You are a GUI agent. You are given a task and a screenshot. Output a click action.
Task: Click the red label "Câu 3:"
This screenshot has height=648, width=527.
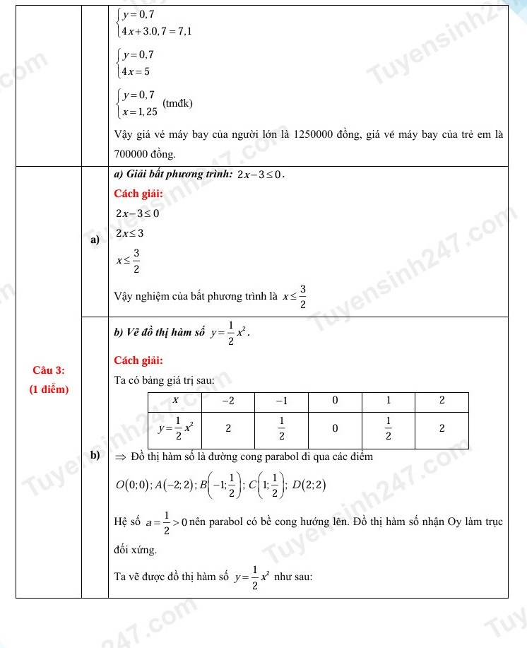point(48,370)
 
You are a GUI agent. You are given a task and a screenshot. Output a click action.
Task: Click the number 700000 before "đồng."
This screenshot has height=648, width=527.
point(131,153)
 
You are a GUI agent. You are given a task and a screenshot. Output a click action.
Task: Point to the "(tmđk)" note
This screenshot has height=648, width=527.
point(177,103)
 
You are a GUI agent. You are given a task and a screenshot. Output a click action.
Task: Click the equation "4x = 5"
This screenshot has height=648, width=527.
point(136,71)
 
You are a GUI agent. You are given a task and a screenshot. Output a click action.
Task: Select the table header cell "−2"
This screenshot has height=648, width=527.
point(229,401)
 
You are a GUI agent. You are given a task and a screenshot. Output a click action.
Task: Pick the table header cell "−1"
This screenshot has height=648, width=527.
point(282,401)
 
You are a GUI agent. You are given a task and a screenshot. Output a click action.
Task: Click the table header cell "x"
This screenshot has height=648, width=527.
point(175,401)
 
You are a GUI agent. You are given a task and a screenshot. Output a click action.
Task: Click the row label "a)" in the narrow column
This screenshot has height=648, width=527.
point(94,241)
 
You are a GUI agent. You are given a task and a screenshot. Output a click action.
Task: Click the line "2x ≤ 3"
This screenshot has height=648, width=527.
point(130,233)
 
